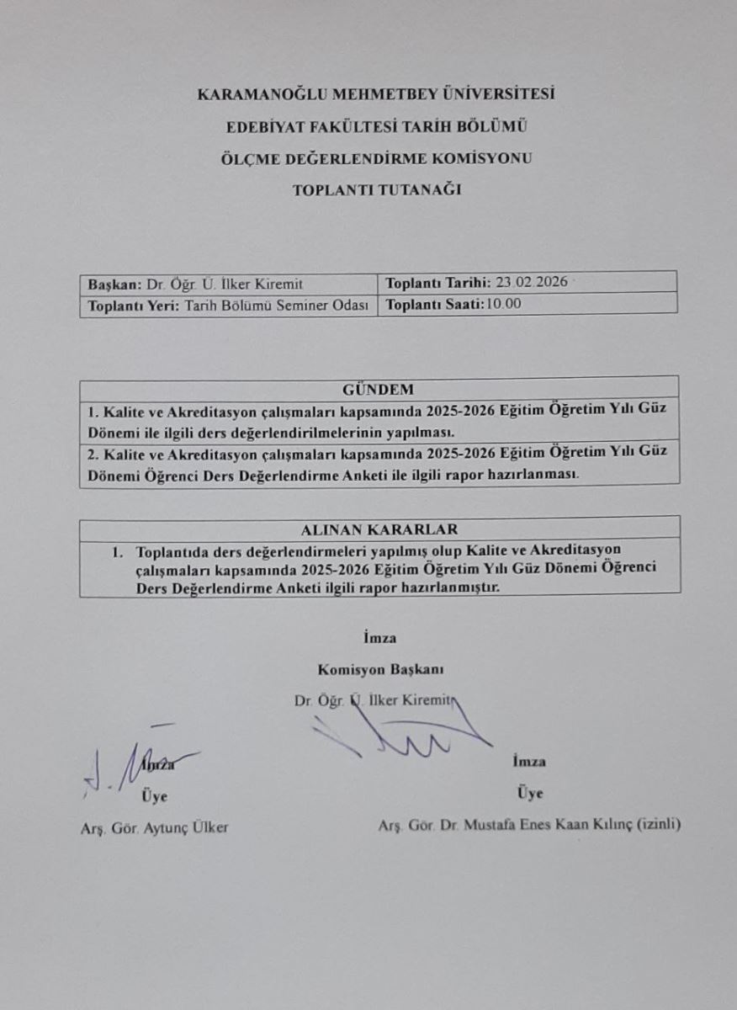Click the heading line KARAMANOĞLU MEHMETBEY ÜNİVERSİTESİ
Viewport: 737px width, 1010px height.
pos(376,94)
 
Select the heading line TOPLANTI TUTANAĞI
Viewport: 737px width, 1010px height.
pos(376,190)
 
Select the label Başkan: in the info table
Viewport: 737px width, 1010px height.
pos(113,284)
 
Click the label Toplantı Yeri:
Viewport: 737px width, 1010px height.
pos(132,306)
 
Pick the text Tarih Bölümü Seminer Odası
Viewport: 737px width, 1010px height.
pos(276,306)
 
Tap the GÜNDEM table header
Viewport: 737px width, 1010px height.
pos(379,390)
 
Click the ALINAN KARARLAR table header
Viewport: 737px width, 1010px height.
pos(379,529)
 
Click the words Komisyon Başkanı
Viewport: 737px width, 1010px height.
pos(380,670)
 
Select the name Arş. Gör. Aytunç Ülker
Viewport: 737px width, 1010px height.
pos(150,827)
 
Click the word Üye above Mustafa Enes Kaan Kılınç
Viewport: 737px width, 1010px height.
pos(530,793)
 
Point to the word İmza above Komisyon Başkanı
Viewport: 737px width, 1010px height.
pos(379,638)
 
